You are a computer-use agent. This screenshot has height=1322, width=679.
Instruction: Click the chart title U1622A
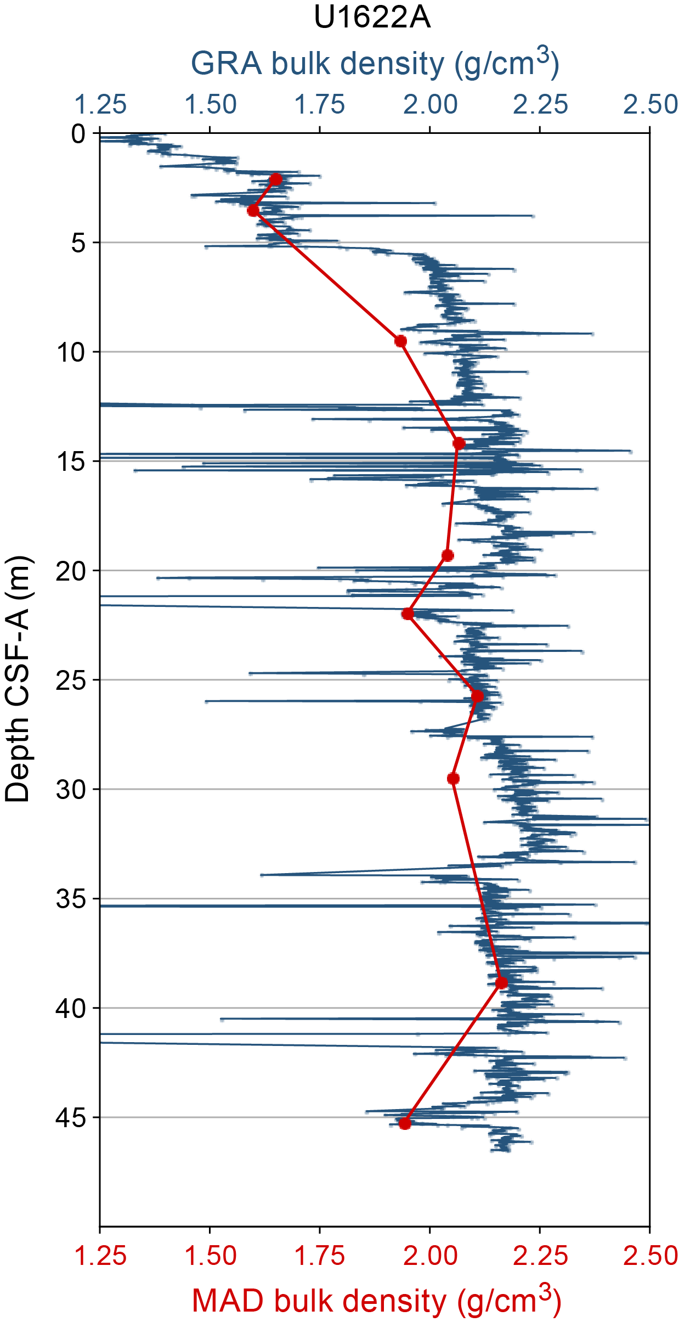pyautogui.click(x=372, y=18)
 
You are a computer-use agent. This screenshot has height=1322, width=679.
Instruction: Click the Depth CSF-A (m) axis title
pyautogui.click(x=18, y=679)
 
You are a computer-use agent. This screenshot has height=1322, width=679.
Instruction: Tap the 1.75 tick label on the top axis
pyautogui.click(x=320, y=105)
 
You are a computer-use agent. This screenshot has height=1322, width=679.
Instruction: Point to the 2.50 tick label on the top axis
pyautogui.click(x=650, y=105)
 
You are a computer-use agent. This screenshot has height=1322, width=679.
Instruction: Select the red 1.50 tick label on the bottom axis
pyautogui.click(x=210, y=1256)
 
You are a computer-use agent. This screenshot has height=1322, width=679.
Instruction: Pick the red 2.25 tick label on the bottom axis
pyautogui.click(x=540, y=1256)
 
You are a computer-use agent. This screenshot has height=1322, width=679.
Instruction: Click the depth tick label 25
pyautogui.click(x=71, y=680)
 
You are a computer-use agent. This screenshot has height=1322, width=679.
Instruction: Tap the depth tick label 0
pyautogui.click(x=78, y=134)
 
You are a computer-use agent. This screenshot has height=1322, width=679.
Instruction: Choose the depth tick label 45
pyautogui.click(x=71, y=1118)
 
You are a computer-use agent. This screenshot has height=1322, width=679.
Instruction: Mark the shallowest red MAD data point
pyautogui.click(x=276, y=179)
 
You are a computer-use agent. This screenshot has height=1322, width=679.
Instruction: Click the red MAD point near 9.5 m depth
pyautogui.click(x=401, y=341)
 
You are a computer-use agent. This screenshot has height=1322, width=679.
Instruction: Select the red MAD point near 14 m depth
pyautogui.click(x=459, y=443)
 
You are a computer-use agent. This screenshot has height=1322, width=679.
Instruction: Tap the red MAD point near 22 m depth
pyautogui.click(x=408, y=614)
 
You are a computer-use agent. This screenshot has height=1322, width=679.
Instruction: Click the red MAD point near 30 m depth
pyautogui.click(x=453, y=779)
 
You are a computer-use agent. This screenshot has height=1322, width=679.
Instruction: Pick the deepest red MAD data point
pyautogui.click(x=405, y=1124)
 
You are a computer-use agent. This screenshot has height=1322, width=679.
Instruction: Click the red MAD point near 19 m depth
pyautogui.click(x=448, y=555)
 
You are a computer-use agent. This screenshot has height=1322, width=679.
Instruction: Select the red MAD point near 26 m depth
pyautogui.click(x=477, y=696)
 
